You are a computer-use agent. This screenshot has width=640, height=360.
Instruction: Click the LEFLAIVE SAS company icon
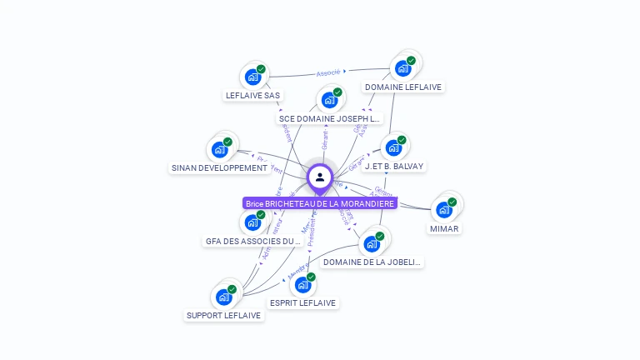pos(252,77)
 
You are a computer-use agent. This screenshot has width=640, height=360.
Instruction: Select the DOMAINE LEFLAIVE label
pos(403,87)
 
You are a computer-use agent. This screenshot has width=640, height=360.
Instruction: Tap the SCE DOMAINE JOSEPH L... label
pos(330,118)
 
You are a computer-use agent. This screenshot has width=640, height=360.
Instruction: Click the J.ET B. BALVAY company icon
pos(393,148)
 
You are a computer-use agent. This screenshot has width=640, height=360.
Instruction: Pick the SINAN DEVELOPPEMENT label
pos(220,167)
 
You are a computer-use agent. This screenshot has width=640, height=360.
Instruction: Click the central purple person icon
pos(320,177)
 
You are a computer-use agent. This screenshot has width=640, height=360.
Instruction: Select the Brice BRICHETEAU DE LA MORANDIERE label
pos(320,203)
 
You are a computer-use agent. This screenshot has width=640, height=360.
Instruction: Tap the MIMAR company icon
pos(444,210)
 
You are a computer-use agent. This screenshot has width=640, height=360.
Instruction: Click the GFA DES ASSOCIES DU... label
pos(252,242)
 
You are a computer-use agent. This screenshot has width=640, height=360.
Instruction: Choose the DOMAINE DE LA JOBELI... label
pos(372,262)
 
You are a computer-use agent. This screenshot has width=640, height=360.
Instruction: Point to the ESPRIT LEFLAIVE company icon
pos(302,285)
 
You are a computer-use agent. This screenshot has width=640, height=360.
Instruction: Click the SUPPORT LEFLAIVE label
pos(223,316)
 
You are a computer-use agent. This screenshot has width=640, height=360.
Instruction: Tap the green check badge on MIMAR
pos(452,202)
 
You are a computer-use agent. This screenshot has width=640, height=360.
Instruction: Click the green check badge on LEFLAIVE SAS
pos(261,69)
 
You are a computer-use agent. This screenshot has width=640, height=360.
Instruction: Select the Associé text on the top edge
pos(329,72)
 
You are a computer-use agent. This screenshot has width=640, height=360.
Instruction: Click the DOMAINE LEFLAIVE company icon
pos(403,68)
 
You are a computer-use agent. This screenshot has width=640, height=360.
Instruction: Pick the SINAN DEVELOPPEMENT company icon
pos(220,150)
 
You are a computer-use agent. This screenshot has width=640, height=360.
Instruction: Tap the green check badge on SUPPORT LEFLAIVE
pos(232,289)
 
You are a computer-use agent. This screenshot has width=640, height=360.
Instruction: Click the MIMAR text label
pos(444,228)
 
